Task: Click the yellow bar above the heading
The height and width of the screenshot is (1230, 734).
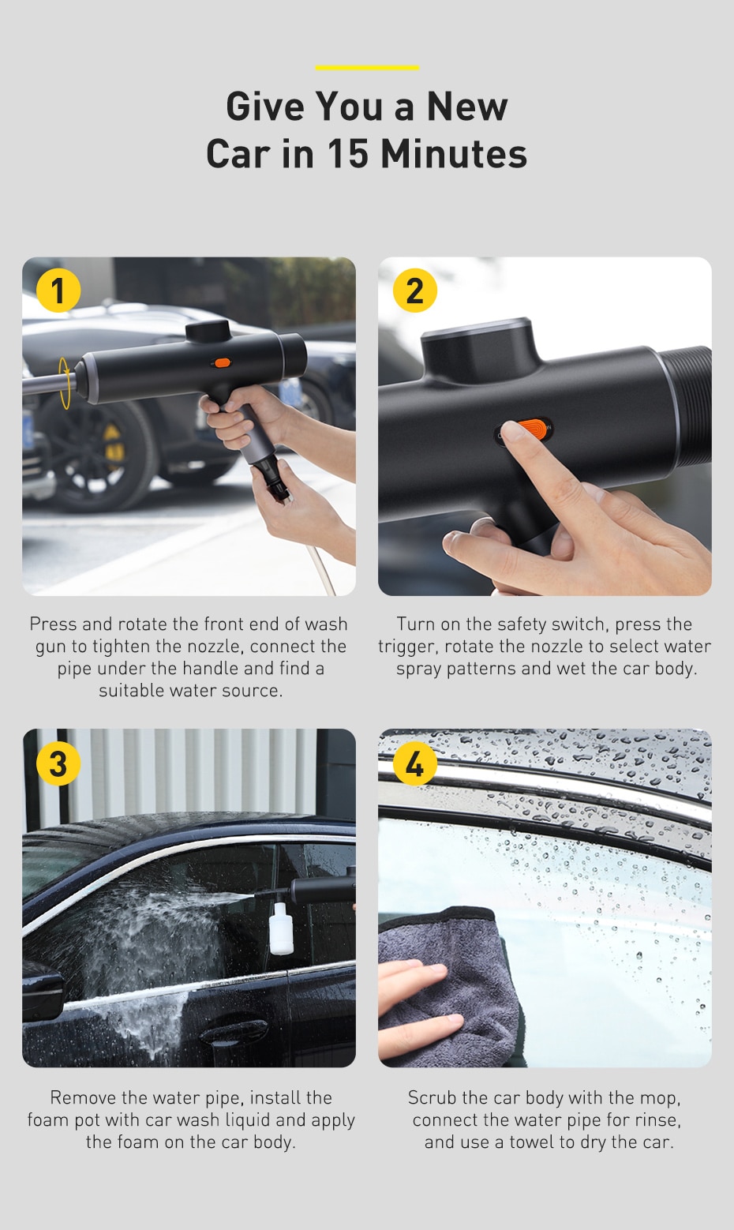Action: pos(367,68)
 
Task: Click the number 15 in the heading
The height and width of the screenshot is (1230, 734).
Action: pos(347,154)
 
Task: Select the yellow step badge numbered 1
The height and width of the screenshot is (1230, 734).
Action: pos(58,291)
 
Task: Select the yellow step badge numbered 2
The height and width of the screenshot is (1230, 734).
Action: pos(414,291)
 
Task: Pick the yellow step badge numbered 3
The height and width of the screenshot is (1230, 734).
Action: pos(58,763)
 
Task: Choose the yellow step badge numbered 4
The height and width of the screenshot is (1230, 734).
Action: pos(414,763)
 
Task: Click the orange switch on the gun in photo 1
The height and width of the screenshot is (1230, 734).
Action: pos(222,363)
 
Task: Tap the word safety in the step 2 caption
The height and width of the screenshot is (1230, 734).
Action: pos(521,624)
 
